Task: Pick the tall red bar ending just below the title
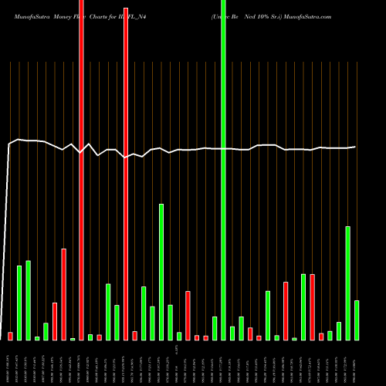click(126, 174)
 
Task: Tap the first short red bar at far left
click(11, 336)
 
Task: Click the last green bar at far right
click(357, 320)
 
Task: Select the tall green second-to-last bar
click(348, 283)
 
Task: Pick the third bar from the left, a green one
click(29, 300)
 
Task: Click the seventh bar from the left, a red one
click(63, 294)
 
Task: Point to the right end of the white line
click(355, 147)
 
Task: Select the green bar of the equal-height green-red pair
click(303, 307)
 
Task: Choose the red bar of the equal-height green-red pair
click(313, 307)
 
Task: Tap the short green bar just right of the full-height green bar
click(232, 333)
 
